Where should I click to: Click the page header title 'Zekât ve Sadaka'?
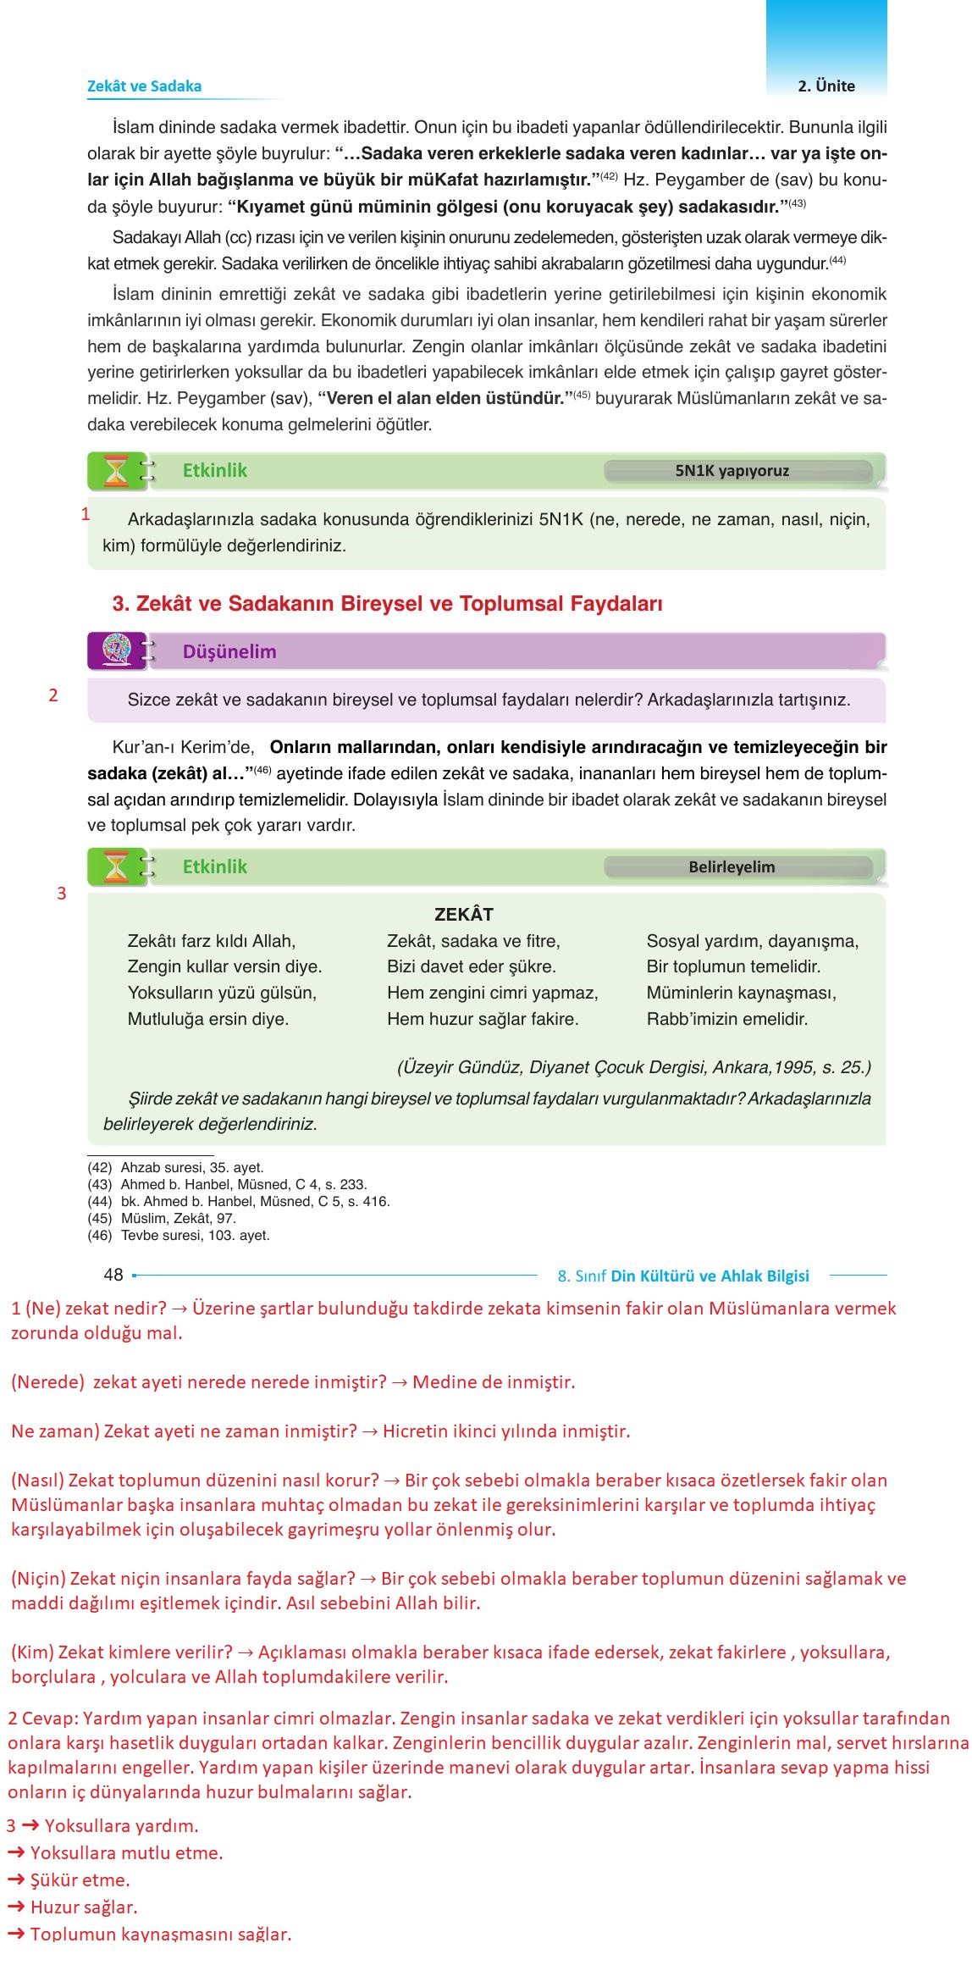pyautogui.click(x=144, y=86)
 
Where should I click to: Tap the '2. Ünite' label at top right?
pyautogui.click(x=826, y=86)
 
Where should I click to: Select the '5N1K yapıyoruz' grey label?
pyautogui.click(x=732, y=471)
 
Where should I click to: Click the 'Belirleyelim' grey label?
pyautogui.click(x=732, y=867)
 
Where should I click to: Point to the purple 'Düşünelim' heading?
pyautogui.click(x=229, y=652)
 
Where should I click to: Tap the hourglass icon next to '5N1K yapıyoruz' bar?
pyautogui.click(x=116, y=471)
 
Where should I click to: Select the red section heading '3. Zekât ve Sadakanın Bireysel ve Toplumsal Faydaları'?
pyautogui.click(x=387, y=604)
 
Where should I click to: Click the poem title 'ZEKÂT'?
pyautogui.click(x=463, y=915)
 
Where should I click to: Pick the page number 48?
pyautogui.click(x=113, y=1275)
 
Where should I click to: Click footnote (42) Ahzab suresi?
pyautogui.click(x=176, y=1168)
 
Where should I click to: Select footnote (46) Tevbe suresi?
pyautogui.click(x=179, y=1236)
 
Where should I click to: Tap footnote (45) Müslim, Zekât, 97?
pyautogui.click(x=162, y=1219)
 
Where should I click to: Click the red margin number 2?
pyautogui.click(x=53, y=695)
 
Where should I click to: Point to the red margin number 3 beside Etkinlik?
pyautogui.click(x=61, y=894)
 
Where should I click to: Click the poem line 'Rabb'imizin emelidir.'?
pyautogui.click(x=726, y=1019)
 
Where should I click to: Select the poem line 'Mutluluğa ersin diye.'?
pyautogui.click(x=208, y=1019)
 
